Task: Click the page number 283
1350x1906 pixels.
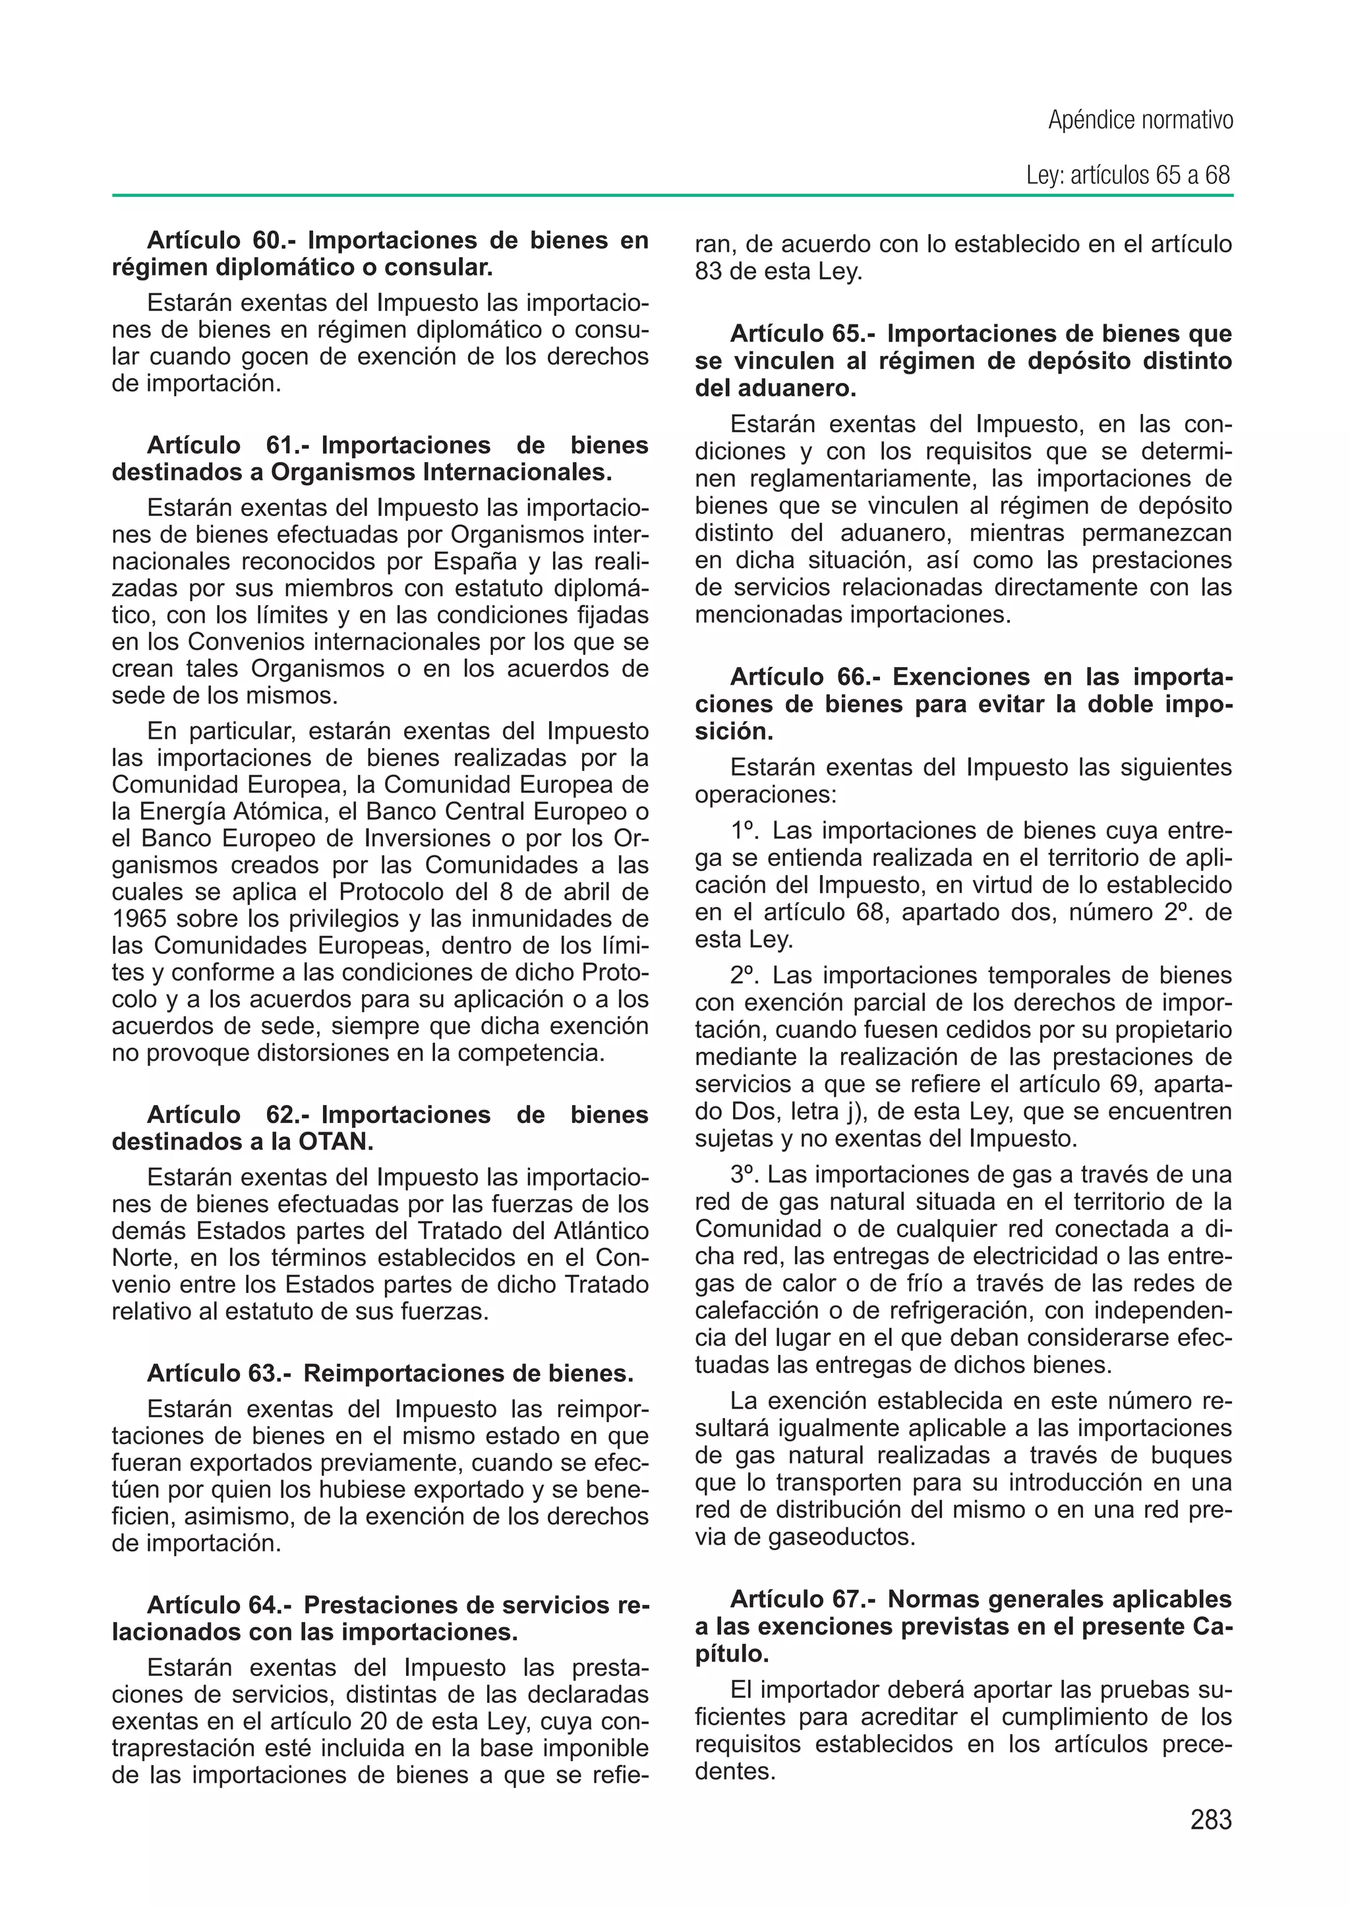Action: tap(1210, 1820)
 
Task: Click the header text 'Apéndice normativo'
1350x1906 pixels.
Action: tap(1140, 121)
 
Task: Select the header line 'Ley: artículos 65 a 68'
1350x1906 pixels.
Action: tap(1127, 176)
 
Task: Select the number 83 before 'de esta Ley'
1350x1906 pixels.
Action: tap(708, 272)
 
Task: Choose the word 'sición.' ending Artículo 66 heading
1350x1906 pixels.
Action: tap(734, 732)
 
